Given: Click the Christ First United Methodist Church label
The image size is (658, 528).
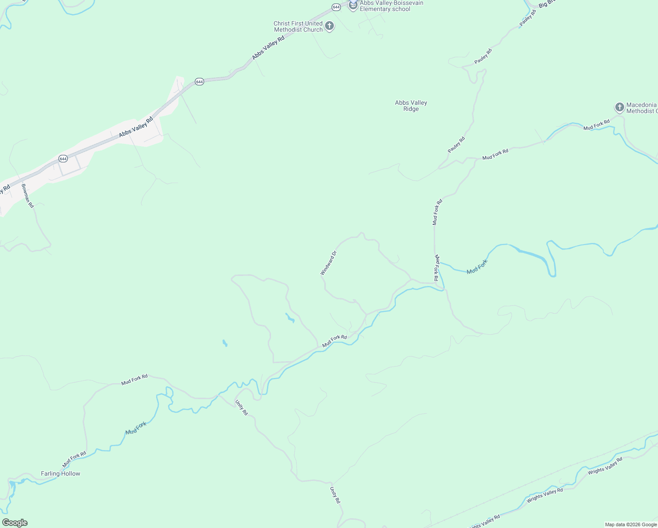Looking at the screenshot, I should click(x=298, y=26).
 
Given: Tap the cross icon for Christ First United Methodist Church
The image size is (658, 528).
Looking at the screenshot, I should click(x=329, y=26).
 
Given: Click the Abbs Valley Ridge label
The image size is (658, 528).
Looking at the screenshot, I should click(x=411, y=106).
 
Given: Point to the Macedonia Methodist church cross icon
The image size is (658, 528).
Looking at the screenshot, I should click(x=619, y=107).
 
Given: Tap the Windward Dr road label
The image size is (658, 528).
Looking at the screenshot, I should click(x=329, y=263).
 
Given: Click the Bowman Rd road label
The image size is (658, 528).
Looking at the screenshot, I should click(x=27, y=195).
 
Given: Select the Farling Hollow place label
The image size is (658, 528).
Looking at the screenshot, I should click(x=61, y=473).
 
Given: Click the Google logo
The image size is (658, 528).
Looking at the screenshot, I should click(x=15, y=523).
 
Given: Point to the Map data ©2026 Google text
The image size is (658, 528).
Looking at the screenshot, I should click(x=631, y=524).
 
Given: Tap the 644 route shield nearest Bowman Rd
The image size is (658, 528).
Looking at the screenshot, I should click(x=63, y=158).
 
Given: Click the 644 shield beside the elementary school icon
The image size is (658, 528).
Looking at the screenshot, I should click(x=336, y=7).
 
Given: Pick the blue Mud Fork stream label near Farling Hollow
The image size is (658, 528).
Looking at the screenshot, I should click(x=135, y=428).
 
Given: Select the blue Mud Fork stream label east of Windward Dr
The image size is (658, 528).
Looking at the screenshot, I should click(x=477, y=267).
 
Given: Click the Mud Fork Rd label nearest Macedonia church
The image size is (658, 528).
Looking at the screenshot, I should click(x=596, y=125).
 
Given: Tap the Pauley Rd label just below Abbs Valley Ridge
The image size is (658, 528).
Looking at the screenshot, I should click(x=456, y=145).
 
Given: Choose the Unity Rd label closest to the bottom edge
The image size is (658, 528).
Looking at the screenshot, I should click(x=335, y=495).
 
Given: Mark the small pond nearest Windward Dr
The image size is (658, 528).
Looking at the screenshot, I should click(x=289, y=318).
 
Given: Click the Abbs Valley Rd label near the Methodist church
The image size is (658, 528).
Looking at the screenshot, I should click(x=268, y=48).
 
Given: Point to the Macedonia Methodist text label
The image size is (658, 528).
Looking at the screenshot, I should click(x=641, y=108).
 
